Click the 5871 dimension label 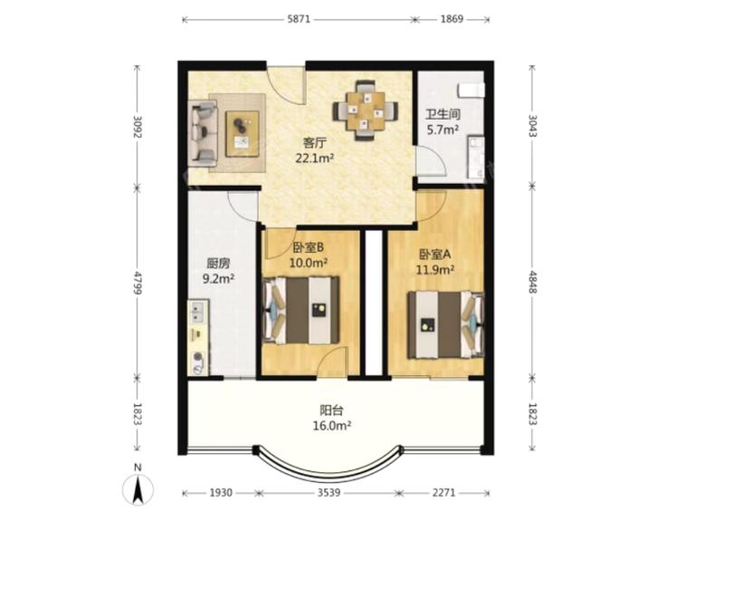(x=299, y=19)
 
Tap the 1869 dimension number (x=452, y=19)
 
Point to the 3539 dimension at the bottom (x=329, y=493)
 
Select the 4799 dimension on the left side (x=138, y=283)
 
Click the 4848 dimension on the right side (x=532, y=281)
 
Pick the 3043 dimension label (x=532, y=125)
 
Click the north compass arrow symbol (x=138, y=490)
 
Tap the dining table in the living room (x=365, y=111)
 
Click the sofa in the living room (x=203, y=130)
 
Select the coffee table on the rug (x=243, y=133)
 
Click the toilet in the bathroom (x=472, y=91)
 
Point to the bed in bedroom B (x=300, y=310)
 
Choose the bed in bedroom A (x=445, y=324)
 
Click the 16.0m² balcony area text (x=332, y=426)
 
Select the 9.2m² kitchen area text (x=218, y=278)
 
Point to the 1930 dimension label (x=221, y=493)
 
